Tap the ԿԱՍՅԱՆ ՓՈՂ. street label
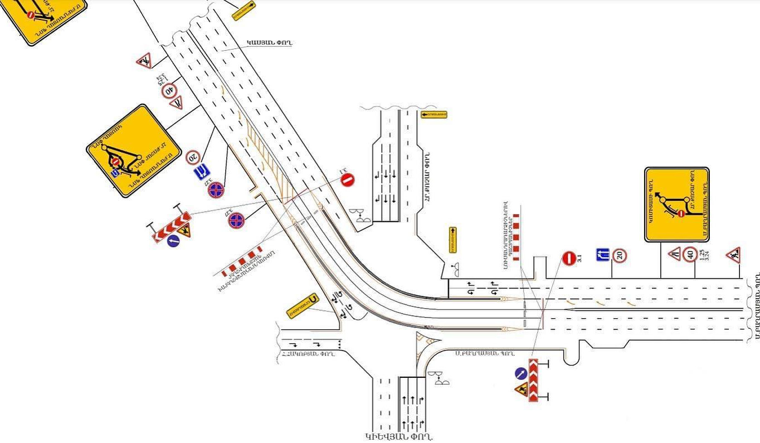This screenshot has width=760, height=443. pos(270,42)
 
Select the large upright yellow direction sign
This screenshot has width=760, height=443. pos(677,204)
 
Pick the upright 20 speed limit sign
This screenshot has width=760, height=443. pos(620,256)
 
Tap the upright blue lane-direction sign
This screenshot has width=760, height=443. pos(602,255)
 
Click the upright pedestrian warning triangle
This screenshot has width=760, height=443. pos(733,255)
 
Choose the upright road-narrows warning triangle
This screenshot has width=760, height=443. pos(675,255)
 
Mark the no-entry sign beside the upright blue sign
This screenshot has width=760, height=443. pos(569,259)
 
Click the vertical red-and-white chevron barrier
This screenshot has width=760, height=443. pos(533,380)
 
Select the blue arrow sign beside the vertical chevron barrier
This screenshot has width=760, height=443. pos(521,373)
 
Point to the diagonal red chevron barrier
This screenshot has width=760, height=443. pos(172,226)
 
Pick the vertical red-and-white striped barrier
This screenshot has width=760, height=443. pos(517,237)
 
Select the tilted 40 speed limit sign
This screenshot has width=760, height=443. pos(169,90)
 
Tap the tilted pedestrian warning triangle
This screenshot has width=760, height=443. pos(144,60)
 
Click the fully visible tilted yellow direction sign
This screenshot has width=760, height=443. pos(134,150)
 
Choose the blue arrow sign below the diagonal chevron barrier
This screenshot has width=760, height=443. pos(173,241)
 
